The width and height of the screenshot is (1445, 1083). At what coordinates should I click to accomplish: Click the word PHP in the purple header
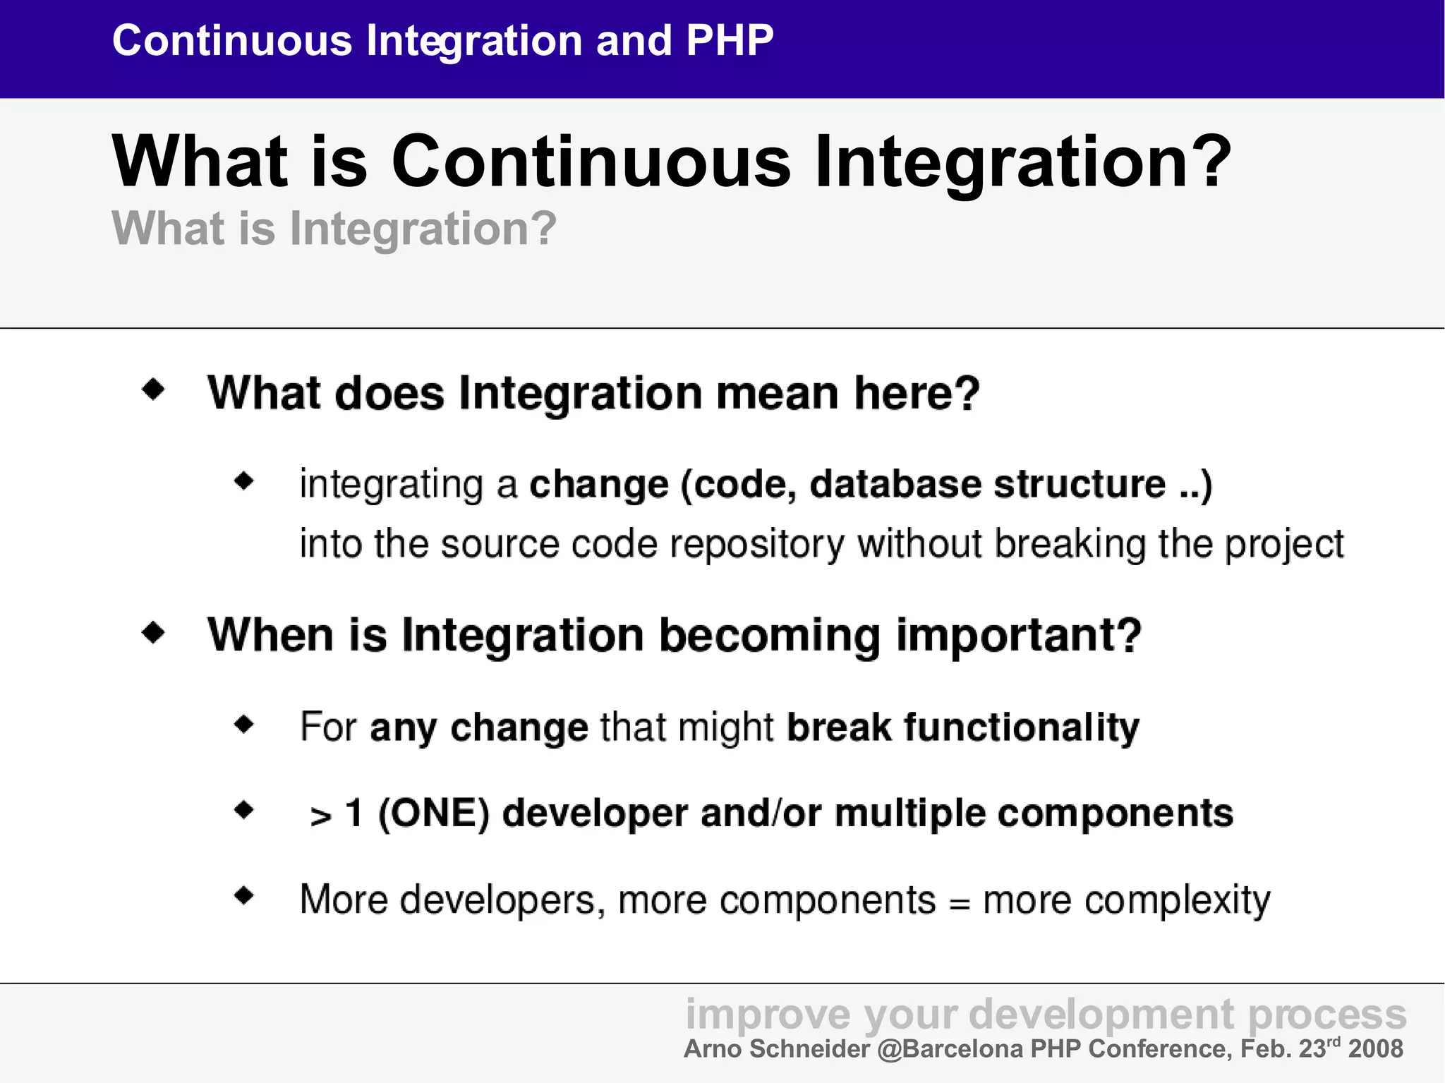pos(730,40)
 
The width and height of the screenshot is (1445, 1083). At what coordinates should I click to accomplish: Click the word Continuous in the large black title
pos(591,162)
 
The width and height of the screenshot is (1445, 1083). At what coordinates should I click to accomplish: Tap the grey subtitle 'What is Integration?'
pos(334,229)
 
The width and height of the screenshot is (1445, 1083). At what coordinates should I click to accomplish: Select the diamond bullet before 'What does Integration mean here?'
pos(153,389)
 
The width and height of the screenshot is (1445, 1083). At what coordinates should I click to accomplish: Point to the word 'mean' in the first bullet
pos(777,392)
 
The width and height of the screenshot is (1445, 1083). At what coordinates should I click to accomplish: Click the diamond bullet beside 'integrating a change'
pos(244,482)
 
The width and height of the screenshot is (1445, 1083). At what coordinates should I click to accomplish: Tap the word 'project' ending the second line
pos(1284,545)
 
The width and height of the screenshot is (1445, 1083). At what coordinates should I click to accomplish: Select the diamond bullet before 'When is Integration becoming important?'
pos(153,632)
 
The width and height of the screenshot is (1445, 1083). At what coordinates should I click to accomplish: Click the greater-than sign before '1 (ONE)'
pos(321,816)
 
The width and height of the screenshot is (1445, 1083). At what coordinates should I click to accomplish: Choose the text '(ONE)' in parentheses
pos(434,813)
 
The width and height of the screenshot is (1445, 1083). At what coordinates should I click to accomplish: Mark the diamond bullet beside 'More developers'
pos(244,896)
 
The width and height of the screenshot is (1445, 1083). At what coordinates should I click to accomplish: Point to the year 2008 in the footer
pos(1376,1049)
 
